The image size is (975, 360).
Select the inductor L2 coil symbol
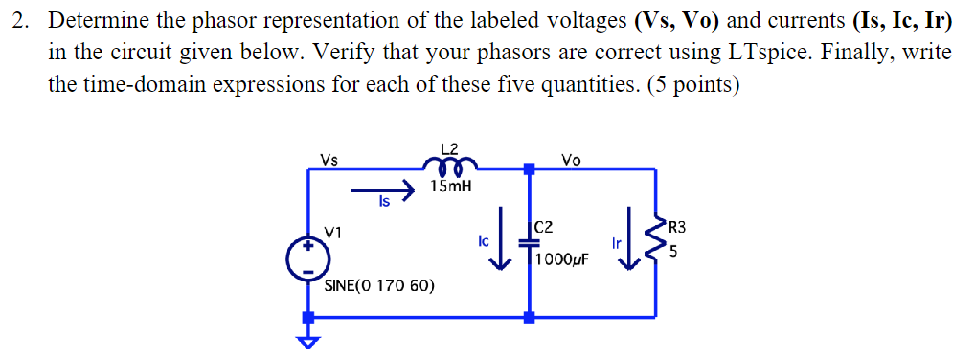pyautogui.click(x=450, y=164)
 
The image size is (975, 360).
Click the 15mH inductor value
pyautogui.click(x=450, y=186)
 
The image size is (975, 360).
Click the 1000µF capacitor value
pyautogui.click(x=563, y=260)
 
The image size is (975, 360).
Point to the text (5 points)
pyautogui.click(x=693, y=84)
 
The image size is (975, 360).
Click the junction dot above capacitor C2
pyautogui.click(x=530, y=169)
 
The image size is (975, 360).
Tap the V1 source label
pyautogui.click(x=333, y=231)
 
